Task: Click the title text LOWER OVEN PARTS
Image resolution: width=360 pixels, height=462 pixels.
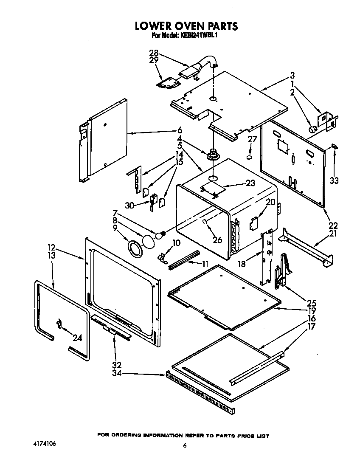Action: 186,26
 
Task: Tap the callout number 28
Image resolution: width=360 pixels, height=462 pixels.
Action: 153,53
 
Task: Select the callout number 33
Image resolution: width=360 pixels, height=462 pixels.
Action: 334,180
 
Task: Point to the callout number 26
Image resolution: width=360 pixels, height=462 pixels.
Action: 217,240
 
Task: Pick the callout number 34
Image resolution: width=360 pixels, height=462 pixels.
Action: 116,373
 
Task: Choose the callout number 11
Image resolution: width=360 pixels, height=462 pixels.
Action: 205,264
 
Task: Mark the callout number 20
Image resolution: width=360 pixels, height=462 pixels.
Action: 270,202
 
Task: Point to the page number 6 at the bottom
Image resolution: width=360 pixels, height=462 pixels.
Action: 185,445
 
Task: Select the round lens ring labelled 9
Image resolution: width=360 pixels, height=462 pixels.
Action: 135,248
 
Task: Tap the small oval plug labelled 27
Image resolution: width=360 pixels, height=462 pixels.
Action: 250,158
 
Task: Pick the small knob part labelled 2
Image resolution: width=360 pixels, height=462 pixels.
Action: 312,129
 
